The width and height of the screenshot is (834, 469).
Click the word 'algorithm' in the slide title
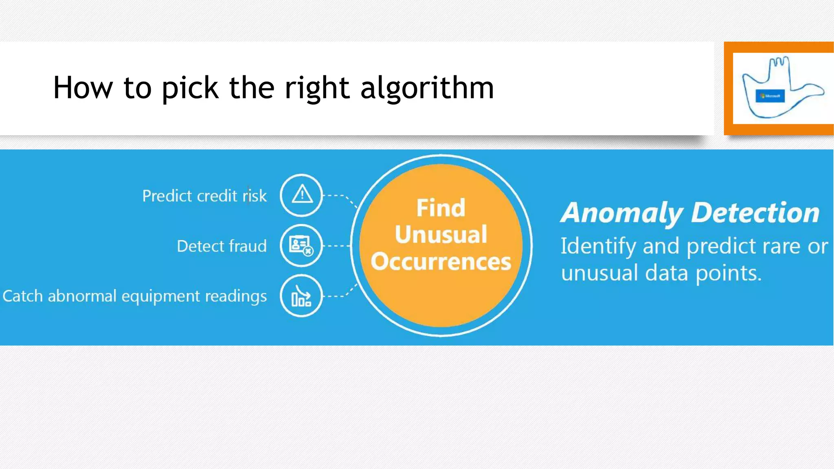point(427,88)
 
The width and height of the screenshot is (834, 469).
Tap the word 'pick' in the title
point(190,88)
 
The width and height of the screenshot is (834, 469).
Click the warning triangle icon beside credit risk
point(302,195)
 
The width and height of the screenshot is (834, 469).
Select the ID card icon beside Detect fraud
point(301,245)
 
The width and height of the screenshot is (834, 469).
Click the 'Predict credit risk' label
point(204,196)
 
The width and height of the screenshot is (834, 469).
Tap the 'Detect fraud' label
point(222,246)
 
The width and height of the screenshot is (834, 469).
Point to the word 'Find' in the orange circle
point(441,208)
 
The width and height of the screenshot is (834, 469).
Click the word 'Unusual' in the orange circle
point(441,234)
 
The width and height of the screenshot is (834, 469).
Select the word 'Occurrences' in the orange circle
point(441,261)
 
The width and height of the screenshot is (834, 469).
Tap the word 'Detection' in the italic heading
point(755,213)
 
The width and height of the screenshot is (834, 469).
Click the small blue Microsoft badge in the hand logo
point(770,96)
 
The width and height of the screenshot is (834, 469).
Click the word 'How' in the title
point(83,88)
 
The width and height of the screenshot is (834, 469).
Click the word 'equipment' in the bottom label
point(161,296)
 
